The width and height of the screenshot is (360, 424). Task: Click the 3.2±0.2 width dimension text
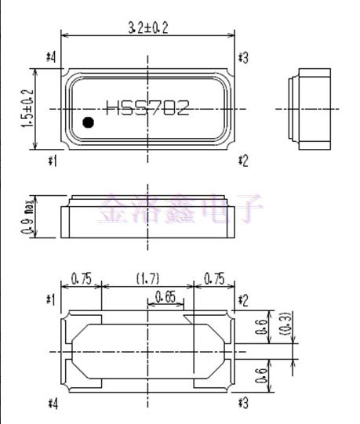click(148, 27)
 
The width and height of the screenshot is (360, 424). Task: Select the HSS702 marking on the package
click(147, 108)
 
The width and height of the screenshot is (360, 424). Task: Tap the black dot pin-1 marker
click(89, 121)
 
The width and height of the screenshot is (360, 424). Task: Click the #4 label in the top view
click(53, 57)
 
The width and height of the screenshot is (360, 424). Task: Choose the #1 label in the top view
click(53, 161)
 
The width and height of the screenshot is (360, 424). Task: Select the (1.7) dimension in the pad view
click(147, 278)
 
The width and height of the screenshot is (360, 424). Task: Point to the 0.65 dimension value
click(165, 295)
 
